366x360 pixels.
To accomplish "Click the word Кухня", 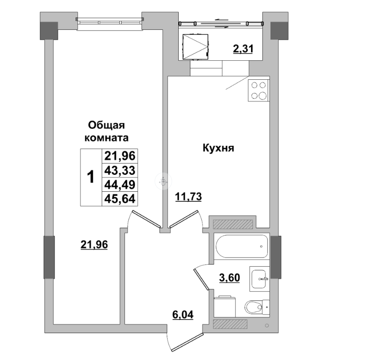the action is point(218,148).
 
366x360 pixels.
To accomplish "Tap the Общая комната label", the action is point(106,131).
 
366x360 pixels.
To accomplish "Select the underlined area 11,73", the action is point(188,197).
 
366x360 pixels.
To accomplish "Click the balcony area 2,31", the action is point(243,49).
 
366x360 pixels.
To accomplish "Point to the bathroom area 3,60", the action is point(230,278).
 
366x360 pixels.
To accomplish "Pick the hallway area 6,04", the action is point(183,315).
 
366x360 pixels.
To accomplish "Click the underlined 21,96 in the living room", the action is point(94,245).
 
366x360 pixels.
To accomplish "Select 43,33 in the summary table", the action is point(120,171).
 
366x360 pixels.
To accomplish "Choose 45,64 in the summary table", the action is point(120,199).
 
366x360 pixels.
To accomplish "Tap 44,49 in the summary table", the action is point(120,185).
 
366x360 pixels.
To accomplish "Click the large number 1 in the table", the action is point(91,177).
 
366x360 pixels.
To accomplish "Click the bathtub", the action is point(242,246).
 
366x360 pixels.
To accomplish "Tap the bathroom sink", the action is point(259,279).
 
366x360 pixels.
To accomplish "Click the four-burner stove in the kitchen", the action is point(258,90).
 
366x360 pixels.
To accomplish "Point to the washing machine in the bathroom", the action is point(225,307).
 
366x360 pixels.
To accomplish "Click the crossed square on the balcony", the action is point(195,47).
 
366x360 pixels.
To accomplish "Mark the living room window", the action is point(110,21).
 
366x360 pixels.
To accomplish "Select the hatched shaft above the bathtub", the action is point(233,224).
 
